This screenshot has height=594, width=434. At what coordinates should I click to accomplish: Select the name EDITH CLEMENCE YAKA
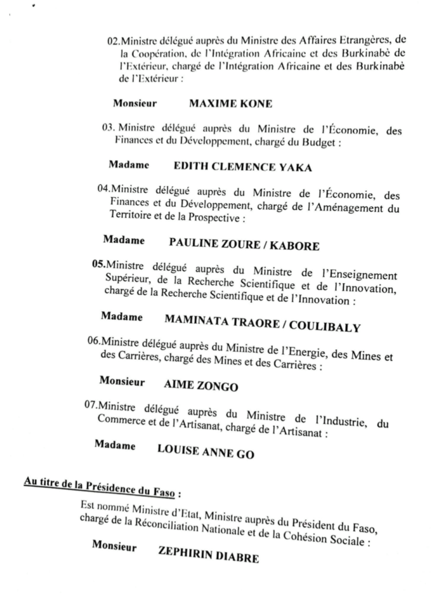tap(243, 168)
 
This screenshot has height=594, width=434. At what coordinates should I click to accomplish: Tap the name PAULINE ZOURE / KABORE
tap(243, 245)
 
